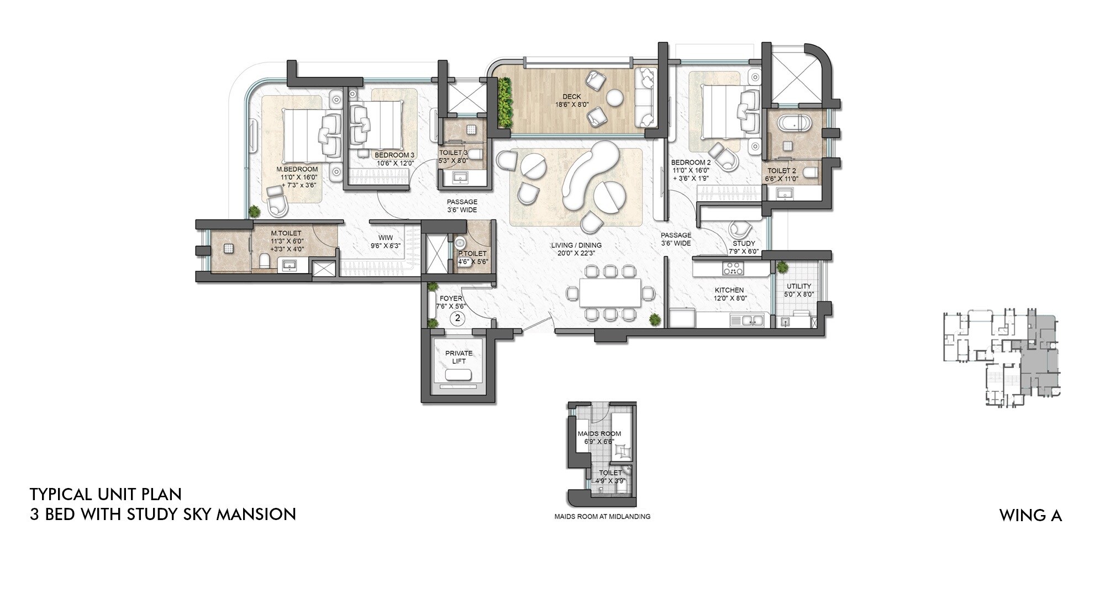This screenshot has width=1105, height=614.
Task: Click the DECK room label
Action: click(571, 97)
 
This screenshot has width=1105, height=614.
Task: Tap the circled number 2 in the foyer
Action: click(457, 318)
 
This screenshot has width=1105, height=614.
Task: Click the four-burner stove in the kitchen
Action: click(733, 269)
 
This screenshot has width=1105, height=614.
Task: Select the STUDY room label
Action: click(744, 243)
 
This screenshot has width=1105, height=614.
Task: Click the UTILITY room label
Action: click(798, 286)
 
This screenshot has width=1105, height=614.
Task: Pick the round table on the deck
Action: click(614, 98)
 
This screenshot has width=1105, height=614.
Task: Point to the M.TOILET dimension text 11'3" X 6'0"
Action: click(287, 242)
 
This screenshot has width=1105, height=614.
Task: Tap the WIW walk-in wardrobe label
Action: click(385, 238)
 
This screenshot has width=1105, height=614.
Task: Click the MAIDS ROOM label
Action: click(599, 434)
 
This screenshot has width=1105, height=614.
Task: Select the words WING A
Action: click(1030, 516)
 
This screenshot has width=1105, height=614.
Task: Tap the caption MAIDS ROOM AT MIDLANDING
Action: click(602, 517)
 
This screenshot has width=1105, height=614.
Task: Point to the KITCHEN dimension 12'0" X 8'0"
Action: click(729, 298)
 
